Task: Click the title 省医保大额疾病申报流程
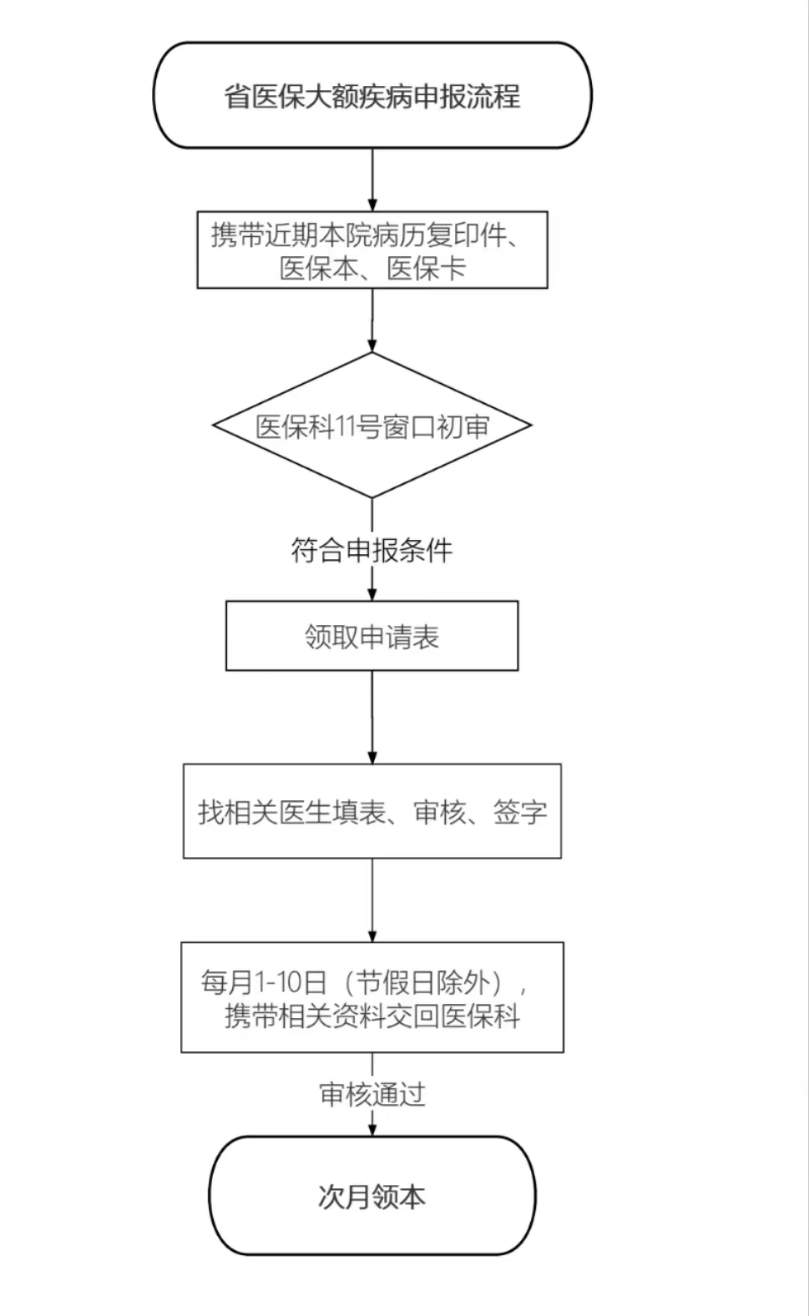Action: (372, 96)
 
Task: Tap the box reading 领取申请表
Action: (372, 637)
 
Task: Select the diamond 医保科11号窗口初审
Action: (372, 426)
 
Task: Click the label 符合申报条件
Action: (372, 551)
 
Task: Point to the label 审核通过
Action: (372, 1094)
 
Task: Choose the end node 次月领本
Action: (372, 1197)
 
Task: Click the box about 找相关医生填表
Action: (372, 811)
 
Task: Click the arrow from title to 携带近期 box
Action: (372, 179)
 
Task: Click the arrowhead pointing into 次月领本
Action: (372, 1128)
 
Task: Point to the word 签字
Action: (519, 812)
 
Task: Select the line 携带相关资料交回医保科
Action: (372, 1016)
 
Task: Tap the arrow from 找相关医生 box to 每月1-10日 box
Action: (372, 900)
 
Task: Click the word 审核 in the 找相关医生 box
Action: (440, 812)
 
